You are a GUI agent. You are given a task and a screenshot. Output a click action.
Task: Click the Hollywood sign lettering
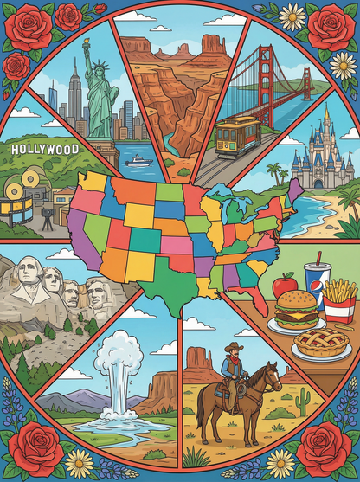tap(44, 150)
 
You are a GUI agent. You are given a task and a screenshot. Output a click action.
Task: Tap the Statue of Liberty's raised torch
tap(86, 43)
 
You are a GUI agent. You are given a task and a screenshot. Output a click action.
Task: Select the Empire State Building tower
tap(74, 91)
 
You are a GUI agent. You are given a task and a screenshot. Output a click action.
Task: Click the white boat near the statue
tap(138, 160)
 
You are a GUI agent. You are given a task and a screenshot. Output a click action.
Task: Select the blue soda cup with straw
tap(316, 285)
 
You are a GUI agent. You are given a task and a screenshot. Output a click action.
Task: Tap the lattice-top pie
tap(320, 343)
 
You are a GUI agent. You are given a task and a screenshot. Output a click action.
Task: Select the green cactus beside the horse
tap(303, 401)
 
